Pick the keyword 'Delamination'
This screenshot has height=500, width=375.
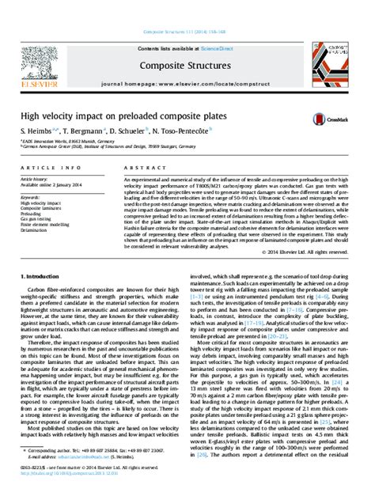pos(35,230)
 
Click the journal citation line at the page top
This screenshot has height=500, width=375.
pos(187,32)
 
